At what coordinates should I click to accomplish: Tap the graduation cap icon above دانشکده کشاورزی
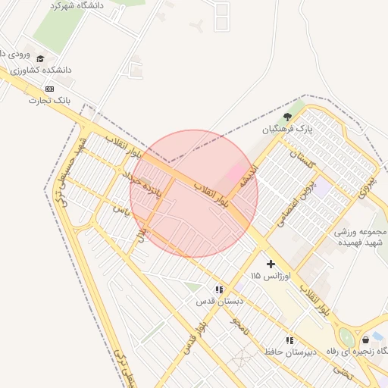(x=40, y=58)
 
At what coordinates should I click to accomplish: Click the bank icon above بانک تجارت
(x=50, y=88)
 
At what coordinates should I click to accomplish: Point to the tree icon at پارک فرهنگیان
(x=287, y=117)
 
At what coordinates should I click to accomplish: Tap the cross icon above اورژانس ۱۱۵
(x=271, y=264)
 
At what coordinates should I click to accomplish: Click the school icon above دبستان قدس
(x=219, y=289)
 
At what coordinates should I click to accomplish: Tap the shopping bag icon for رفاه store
(x=367, y=339)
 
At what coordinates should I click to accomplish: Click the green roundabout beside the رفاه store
(x=347, y=338)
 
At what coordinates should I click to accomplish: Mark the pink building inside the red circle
(x=236, y=172)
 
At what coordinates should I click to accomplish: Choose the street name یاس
(x=117, y=208)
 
